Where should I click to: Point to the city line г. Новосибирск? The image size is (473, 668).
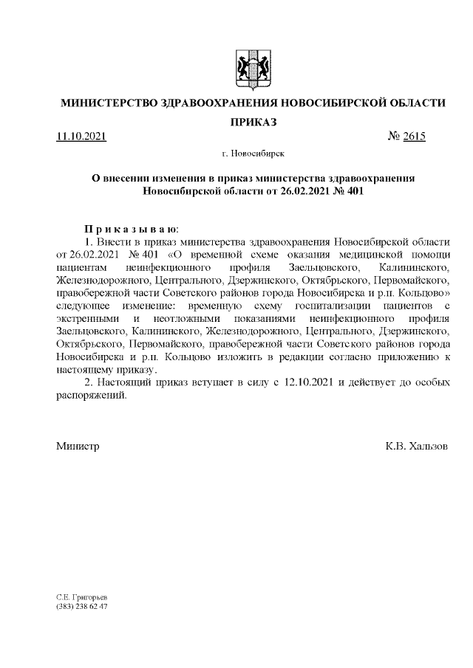pos(252,154)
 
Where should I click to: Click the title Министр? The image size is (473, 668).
pos(78,447)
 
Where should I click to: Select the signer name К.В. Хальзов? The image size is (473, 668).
pos(416,447)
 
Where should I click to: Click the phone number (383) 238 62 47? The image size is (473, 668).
pos(82,606)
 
